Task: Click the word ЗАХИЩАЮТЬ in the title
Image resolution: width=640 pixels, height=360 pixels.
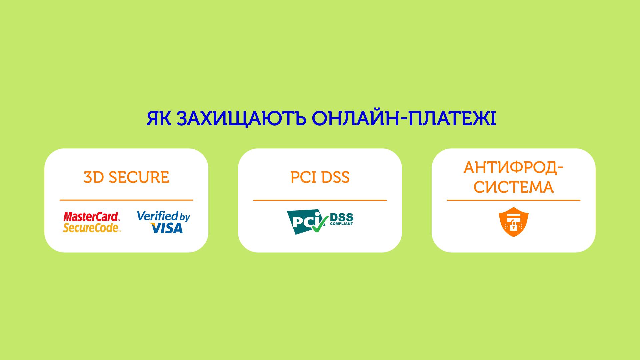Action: [x=241, y=119]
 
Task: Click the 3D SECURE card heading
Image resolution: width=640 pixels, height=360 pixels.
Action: [x=126, y=177]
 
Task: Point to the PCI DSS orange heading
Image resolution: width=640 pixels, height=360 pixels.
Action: [x=320, y=177]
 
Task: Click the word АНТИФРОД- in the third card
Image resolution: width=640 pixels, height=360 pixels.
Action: [x=514, y=167]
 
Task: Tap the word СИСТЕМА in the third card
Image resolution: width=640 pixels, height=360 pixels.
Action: [x=514, y=187]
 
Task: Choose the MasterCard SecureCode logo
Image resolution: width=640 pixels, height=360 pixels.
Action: [x=92, y=222]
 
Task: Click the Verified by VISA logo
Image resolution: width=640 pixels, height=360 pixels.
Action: [x=163, y=222]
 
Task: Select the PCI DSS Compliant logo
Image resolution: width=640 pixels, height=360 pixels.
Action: [x=320, y=222]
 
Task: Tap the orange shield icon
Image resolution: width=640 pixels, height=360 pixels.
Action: [x=514, y=222]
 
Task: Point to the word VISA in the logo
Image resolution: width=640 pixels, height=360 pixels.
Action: [x=167, y=228]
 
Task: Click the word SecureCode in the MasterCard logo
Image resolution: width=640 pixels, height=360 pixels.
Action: [x=91, y=228]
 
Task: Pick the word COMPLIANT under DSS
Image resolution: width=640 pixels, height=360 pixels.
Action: [x=341, y=224]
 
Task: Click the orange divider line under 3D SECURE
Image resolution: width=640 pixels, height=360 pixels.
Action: [x=126, y=200]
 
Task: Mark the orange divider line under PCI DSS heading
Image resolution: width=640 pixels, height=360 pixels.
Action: [x=320, y=200]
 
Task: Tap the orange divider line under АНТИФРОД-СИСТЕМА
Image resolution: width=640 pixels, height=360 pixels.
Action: [x=514, y=200]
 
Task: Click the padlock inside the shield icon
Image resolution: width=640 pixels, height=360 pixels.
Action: [x=514, y=226]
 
